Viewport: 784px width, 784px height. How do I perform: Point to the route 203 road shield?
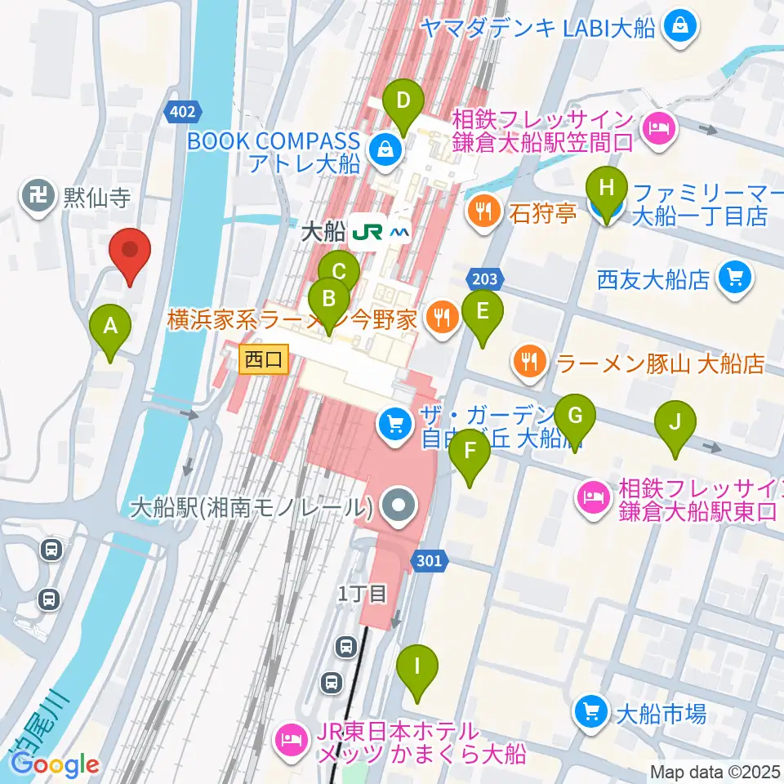483,279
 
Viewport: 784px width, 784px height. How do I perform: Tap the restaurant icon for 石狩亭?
483,214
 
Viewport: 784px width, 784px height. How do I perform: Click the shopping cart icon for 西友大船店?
733,279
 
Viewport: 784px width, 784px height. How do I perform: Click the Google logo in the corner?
56,764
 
